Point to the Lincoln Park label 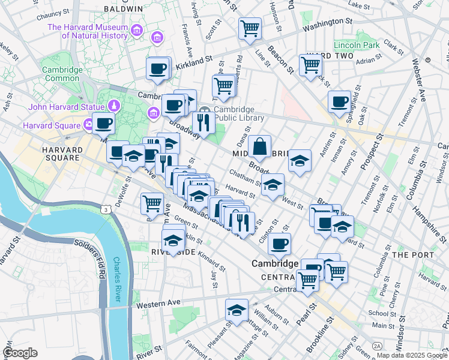(x=357, y=45)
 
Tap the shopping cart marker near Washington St (x=250, y=28)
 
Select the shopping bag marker (x=259, y=146)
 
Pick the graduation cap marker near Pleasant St (x=237, y=311)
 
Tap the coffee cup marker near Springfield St (x=339, y=101)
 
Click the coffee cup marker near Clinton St (x=279, y=244)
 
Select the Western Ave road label (x=158, y=304)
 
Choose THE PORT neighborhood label (x=409, y=255)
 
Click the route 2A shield (x=377, y=346)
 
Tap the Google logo (x=20, y=353)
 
